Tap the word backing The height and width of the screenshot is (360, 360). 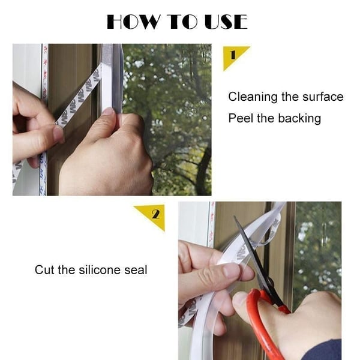(299, 118)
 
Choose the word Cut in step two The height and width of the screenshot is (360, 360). (44, 270)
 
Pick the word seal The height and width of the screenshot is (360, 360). (136, 270)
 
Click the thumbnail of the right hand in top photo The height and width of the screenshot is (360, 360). (108, 112)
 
